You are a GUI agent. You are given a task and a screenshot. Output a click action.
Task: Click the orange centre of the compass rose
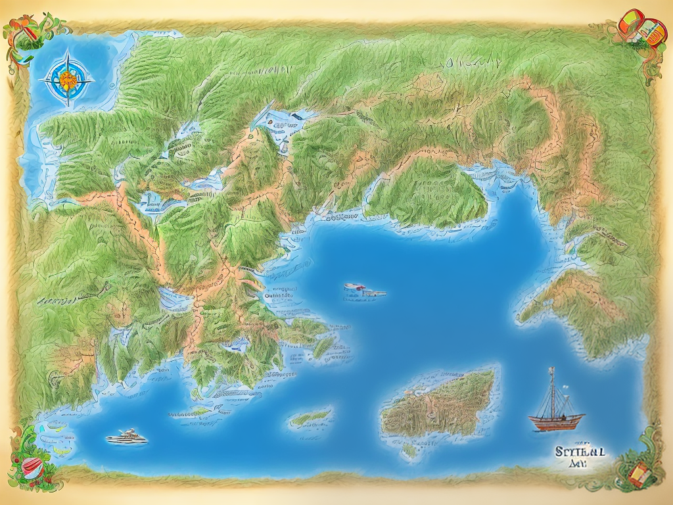[x=67, y=80]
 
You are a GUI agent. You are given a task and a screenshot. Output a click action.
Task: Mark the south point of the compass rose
[x=67, y=104]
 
